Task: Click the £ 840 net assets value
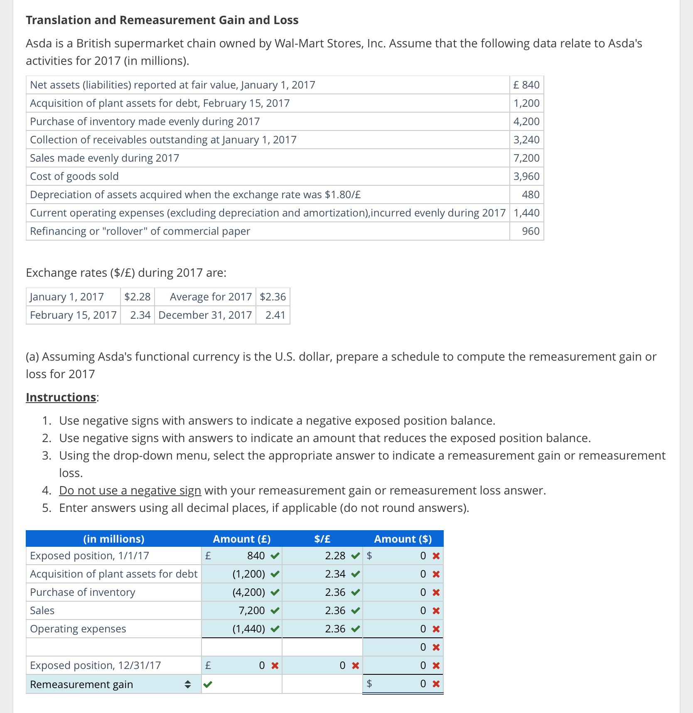pos(526,85)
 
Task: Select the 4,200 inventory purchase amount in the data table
pos(526,121)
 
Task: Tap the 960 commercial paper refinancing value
pos(531,231)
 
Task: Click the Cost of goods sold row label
pos(74,176)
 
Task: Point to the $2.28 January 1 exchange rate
pos(138,297)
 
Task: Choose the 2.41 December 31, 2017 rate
pos(275,315)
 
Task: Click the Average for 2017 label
pos(211,297)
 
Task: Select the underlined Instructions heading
pos(61,397)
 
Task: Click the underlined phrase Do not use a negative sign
pos(130,490)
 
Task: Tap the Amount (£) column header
pos(241,539)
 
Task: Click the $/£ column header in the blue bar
pos(322,539)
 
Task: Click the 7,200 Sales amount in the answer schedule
pos(251,610)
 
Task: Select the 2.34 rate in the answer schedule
pos(335,574)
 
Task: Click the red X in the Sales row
pos(436,611)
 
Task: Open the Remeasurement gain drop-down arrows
pos(188,684)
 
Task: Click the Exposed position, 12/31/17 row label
pos(95,665)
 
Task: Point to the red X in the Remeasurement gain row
pos(436,684)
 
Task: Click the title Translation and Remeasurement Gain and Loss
pos(162,20)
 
